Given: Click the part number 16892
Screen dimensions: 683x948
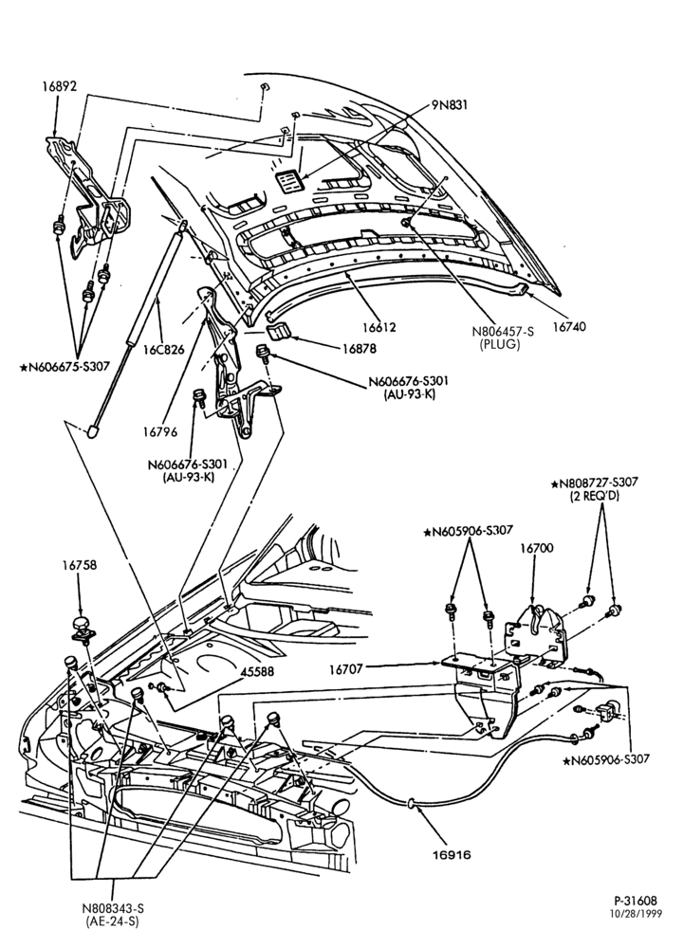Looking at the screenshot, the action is click(59, 86).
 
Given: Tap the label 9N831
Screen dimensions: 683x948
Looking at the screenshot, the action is click(450, 105).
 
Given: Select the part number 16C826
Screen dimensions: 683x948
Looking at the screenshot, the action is click(163, 351).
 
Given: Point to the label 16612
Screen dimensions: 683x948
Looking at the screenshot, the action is click(379, 328).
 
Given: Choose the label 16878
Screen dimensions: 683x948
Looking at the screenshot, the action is click(359, 349).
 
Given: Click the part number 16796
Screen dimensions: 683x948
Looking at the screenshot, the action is click(160, 432).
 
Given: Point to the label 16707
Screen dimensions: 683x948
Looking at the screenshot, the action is click(346, 669).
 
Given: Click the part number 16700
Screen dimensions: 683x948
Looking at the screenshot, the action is click(537, 548).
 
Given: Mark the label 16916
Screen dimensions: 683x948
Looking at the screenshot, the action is click(452, 855).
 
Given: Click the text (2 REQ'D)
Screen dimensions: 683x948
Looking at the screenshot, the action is click(595, 497).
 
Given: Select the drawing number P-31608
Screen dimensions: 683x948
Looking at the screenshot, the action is click(636, 901).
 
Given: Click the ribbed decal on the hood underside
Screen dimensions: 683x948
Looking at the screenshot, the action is click(288, 181).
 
